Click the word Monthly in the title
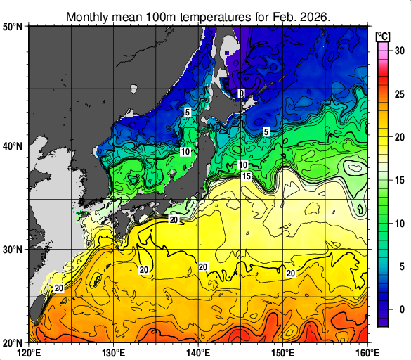tap(89, 15)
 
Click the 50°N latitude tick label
tap(13, 27)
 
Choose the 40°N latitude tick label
tap(13, 146)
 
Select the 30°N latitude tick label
tap(13, 250)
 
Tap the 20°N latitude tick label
tap(13, 342)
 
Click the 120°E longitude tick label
tap(29, 352)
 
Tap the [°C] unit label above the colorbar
tap(384, 35)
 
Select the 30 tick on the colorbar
tap(398, 50)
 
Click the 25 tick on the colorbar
tap(398, 94)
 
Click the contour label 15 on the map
tap(246, 176)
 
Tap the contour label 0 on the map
tap(240, 94)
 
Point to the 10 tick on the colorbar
tap(398, 223)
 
